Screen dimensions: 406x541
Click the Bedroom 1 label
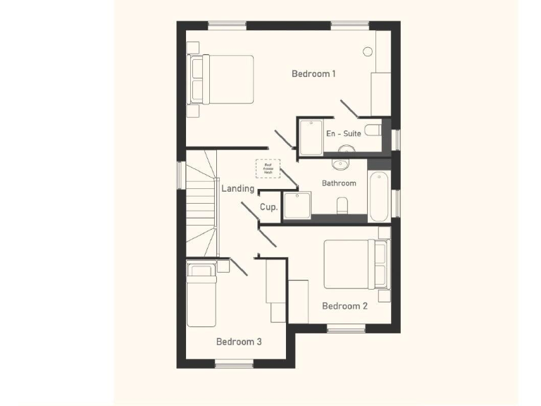click(313, 73)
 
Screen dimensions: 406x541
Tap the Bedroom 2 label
click(344, 306)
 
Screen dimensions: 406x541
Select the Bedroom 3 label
click(239, 342)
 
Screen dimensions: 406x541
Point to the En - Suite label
click(343, 133)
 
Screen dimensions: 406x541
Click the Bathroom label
click(339, 183)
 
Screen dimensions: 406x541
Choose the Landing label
click(237, 189)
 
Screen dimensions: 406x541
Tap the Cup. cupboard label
click(268, 207)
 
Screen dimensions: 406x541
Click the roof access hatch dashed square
click(268, 168)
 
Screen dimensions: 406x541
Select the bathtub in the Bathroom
click(378, 196)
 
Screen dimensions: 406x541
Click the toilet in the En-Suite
click(373, 131)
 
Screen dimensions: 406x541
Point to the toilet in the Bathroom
click(342, 205)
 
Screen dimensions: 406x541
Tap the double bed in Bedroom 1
click(221, 80)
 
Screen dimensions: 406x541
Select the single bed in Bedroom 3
click(201, 295)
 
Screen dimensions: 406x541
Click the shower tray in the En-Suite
click(310, 137)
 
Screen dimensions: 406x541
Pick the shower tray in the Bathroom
click(295, 205)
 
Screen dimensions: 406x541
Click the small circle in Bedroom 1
click(367, 51)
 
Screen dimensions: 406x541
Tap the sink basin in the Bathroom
click(340, 164)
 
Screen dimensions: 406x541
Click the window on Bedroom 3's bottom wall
click(234, 364)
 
